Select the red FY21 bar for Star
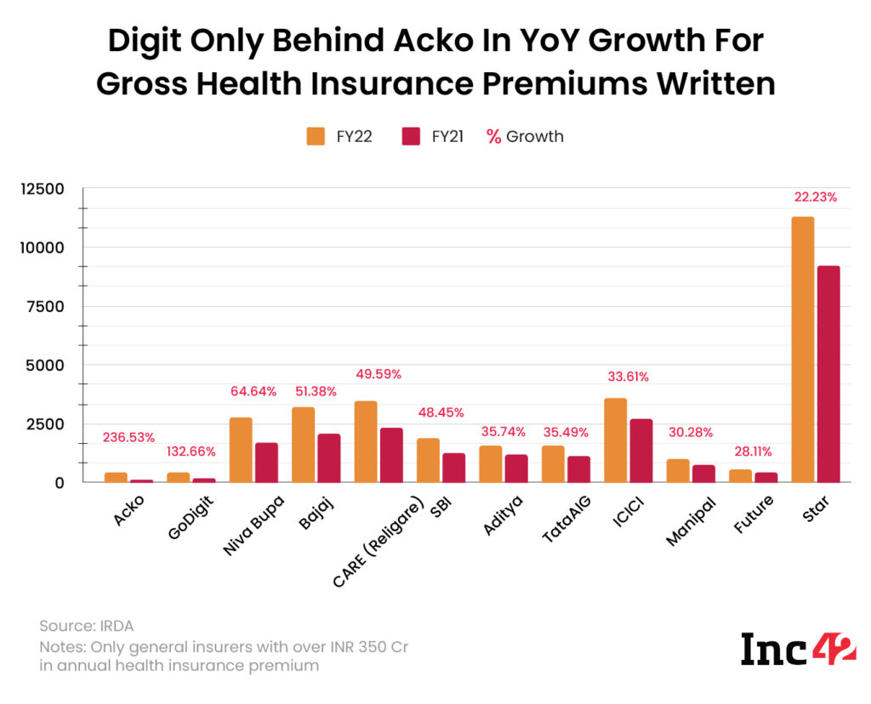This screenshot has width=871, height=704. tap(828, 375)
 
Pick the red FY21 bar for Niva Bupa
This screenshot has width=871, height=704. tap(266, 463)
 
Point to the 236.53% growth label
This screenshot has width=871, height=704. tap(128, 437)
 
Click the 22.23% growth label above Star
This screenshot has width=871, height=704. tap(814, 196)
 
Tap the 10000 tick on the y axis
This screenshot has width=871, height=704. tap(43, 247)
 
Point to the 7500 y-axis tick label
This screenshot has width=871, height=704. tap(47, 306)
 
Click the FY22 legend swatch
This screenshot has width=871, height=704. tap(316, 136)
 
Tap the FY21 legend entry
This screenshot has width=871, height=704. tap(432, 136)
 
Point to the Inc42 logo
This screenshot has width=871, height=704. tap(798, 649)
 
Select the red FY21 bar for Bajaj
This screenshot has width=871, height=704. tap(328, 458)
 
